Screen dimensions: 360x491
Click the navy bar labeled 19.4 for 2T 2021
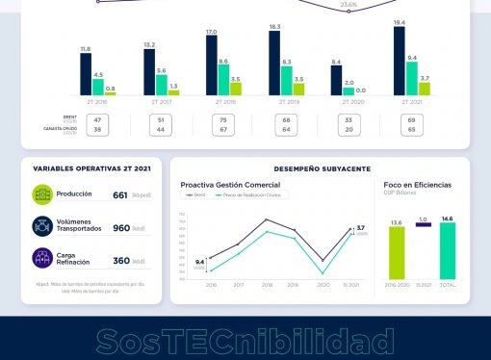coord(400,61)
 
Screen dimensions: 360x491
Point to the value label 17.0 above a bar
coord(212,33)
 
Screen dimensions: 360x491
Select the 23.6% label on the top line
coord(349,5)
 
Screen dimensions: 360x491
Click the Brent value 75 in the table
coord(223,119)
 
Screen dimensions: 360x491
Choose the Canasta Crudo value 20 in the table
coord(349,129)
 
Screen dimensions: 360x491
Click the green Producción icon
coord(42,194)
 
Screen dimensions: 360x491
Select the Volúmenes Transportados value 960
coord(121,228)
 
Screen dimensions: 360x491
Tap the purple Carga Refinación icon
coord(42,259)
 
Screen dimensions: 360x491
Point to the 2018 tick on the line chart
coord(267,285)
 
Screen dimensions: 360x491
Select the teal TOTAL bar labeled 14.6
coord(447,252)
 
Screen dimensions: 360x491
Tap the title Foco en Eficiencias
coord(417,184)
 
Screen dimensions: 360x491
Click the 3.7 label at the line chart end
coord(361,227)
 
